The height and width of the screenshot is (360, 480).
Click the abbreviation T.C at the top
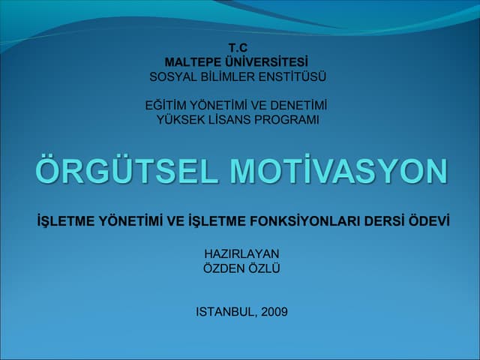click(238, 48)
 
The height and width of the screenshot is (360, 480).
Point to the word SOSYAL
click(172, 76)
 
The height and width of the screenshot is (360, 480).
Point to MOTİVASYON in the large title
click(339, 172)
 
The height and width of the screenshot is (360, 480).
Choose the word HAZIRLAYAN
click(241, 253)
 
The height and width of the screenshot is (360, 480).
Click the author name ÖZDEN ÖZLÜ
click(241, 268)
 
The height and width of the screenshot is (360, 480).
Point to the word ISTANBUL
click(226, 311)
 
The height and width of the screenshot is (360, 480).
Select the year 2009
click(274, 311)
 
